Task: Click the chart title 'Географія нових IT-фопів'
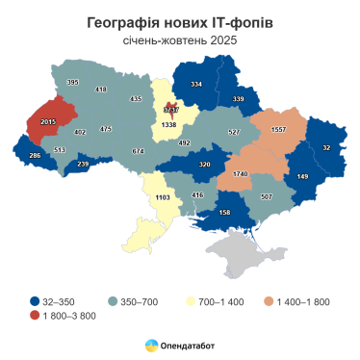click(179, 21)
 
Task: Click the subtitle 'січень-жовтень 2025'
click(179, 40)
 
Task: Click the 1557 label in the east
click(280, 129)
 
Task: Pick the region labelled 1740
click(242, 173)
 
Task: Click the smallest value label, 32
click(326, 147)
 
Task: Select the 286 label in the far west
click(35, 155)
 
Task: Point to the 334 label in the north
click(196, 85)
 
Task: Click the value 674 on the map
click(138, 151)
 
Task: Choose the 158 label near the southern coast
click(224, 212)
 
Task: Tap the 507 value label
click(267, 196)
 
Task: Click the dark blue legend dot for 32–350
click(35, 301)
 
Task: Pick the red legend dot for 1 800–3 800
click(35, 316)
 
